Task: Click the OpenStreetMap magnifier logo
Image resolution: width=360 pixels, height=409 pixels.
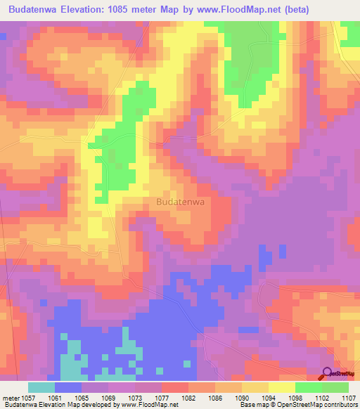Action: click(x=328, y=374)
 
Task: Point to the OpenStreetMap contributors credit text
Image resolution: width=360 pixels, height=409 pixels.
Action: click(x=316, y=405)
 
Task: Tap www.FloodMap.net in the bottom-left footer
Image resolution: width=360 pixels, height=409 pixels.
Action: click(x=150, y=405)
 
